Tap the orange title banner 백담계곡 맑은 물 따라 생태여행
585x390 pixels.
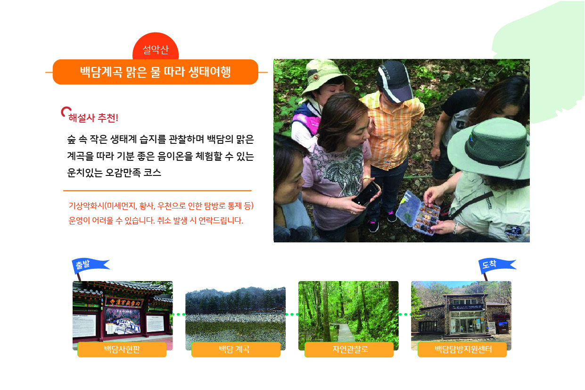tap(156, 72)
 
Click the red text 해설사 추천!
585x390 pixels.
tap(93, 118)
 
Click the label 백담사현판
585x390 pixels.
tap(122, 349)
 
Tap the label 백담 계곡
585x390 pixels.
tap(236, 349)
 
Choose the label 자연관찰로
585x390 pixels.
tap(349, 349)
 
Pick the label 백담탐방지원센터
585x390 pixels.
tap(462, 349)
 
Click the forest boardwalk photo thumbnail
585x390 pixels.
tap(348, 311)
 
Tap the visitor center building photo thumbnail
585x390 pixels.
tap(461, 311)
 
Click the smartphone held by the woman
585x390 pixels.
tap(367, 193)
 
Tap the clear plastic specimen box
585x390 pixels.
tap(418, 212)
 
